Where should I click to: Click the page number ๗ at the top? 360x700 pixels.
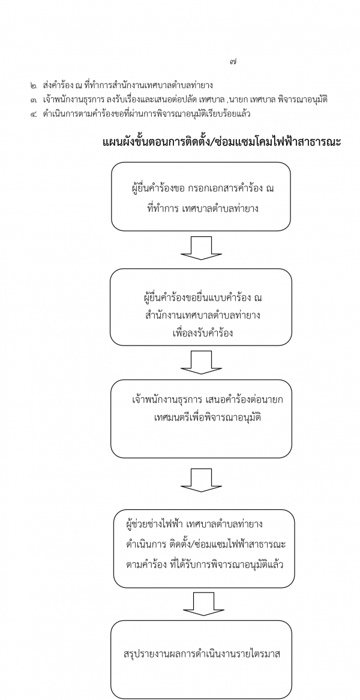tap(233, 62)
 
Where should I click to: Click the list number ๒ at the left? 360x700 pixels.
tap(34, 85)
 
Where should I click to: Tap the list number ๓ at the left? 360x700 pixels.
tap(34, 100)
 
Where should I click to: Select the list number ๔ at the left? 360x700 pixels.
tap(34, 114)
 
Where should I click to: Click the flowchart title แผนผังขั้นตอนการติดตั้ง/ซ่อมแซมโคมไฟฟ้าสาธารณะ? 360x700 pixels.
tap(222, 142)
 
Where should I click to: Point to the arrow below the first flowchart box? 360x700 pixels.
tap(202, 248)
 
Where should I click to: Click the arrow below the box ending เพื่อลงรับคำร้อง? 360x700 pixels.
tap(202, 362)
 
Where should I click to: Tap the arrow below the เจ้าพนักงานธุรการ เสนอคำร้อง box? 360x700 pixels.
tap(202, 480)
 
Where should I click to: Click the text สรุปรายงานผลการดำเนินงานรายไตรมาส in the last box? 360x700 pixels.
tap(202, 655)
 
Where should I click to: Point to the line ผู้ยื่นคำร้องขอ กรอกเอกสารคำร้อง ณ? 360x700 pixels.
tap(200, 188)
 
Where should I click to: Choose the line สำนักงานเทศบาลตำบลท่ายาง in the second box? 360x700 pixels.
tap(200, 316)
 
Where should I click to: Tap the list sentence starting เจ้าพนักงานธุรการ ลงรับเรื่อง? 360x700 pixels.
tap(186, 100)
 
